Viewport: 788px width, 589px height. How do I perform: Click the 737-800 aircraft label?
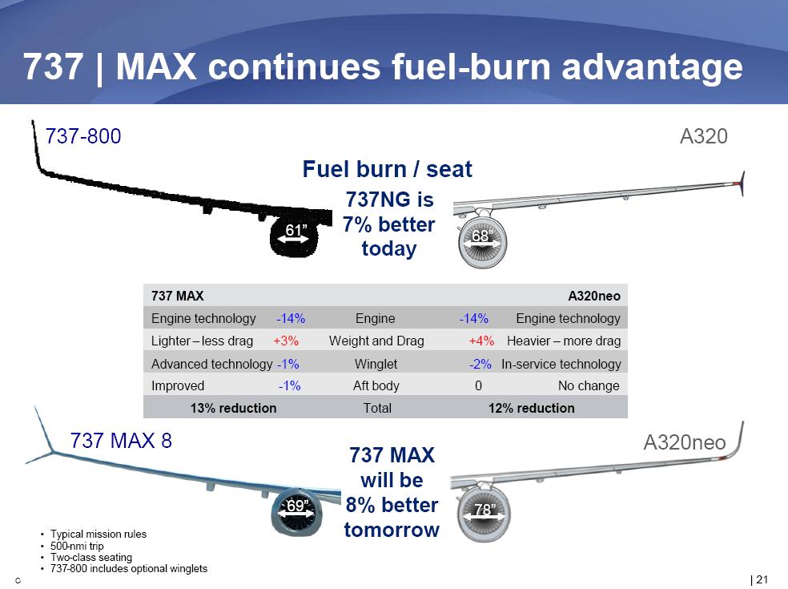83,136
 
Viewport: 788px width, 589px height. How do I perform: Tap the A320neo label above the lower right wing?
685,442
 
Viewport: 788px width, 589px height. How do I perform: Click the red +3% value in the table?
286,341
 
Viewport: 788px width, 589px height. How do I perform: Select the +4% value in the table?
481,341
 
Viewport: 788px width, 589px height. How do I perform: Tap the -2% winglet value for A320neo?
480,364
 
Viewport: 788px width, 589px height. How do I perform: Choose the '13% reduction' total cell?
233,408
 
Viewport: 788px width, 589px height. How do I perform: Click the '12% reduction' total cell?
531,408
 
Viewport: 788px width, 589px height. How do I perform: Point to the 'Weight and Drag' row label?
376,341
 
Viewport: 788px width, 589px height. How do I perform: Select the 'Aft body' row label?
376,385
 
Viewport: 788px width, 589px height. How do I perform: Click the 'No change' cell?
589,385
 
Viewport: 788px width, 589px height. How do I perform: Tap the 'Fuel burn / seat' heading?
388,169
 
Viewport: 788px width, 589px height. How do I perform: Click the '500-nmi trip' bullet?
77,546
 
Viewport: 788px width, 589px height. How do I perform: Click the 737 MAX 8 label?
121,441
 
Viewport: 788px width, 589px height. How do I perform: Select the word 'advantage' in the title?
652,67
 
